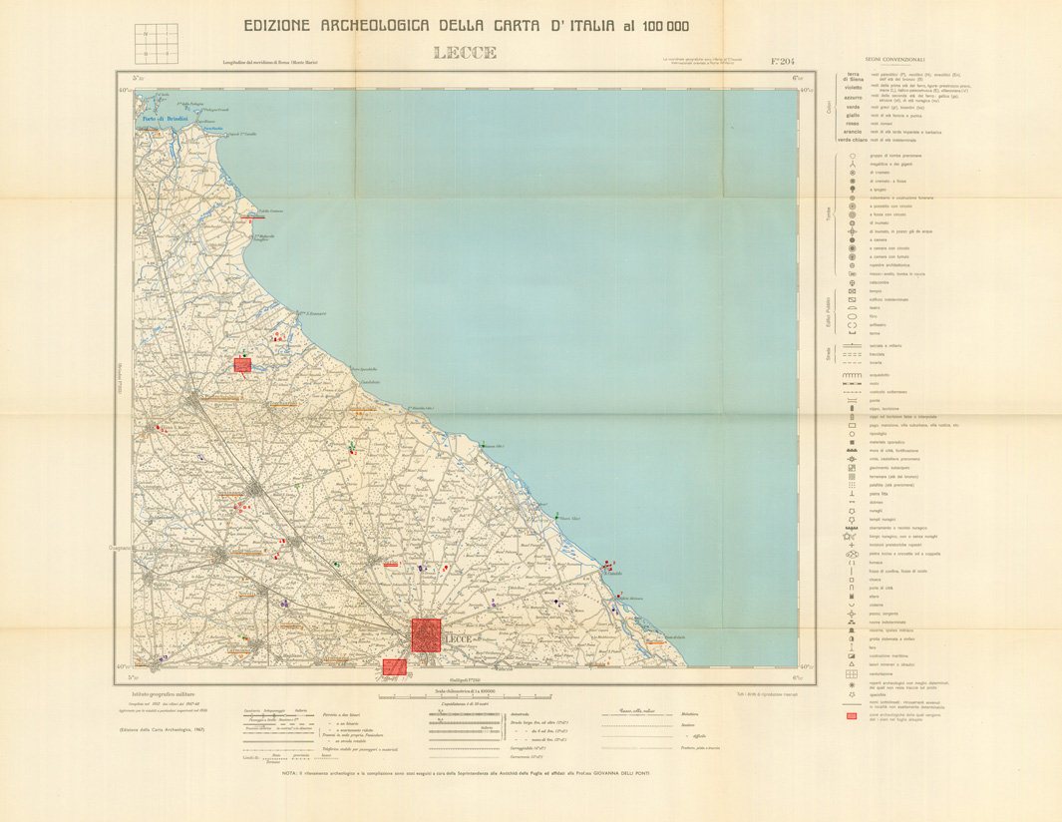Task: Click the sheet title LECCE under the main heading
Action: [x=465, y=53]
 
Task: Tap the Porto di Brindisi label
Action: [x=166, y=120]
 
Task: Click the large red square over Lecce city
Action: [x=426, y=634]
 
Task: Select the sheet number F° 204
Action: [x=783, y=61]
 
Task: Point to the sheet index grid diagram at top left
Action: [x=156, y=43]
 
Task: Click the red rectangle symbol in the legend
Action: [x=852, y=716]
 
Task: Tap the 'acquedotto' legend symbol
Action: [x=852, y=376]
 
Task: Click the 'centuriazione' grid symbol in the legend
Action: [x=852, y=675]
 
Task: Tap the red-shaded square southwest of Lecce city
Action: [x=395, y=666]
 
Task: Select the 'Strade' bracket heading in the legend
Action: [x=828, y=352]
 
